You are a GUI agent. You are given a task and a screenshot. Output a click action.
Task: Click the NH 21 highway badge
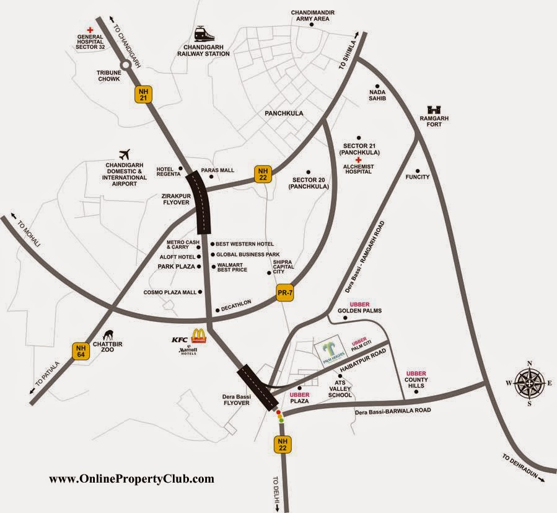[142, 94]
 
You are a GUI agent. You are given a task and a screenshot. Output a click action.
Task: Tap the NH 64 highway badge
[81, 351]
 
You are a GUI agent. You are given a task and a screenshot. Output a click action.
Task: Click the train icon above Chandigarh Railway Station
[200, 34]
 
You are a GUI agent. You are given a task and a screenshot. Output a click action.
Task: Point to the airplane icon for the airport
[126, 153]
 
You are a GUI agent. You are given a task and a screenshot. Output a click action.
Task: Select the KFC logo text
[180, 339]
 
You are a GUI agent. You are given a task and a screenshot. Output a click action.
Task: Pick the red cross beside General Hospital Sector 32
[90, 29]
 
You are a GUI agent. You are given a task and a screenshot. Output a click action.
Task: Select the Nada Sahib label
[377, 94]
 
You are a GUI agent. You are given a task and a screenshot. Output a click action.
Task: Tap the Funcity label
[418, 177]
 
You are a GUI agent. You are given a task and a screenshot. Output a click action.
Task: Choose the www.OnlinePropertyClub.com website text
[131, 479]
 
